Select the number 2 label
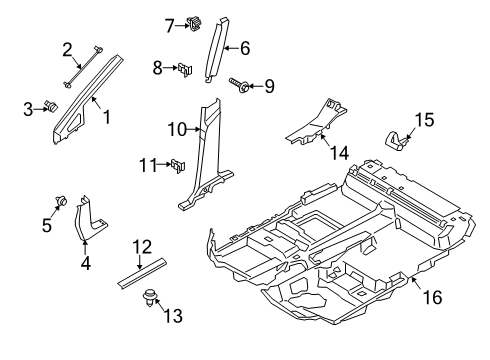(x=68, y=48)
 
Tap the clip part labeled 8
(x=185, y=70)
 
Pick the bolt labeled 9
(x=239, y=87)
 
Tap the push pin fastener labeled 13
(x=152, y=296)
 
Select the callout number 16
(x=433, y=297)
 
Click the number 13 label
(x=173, y=316)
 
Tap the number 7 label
(x=170, y=24)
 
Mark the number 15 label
(x=425, y=120)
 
